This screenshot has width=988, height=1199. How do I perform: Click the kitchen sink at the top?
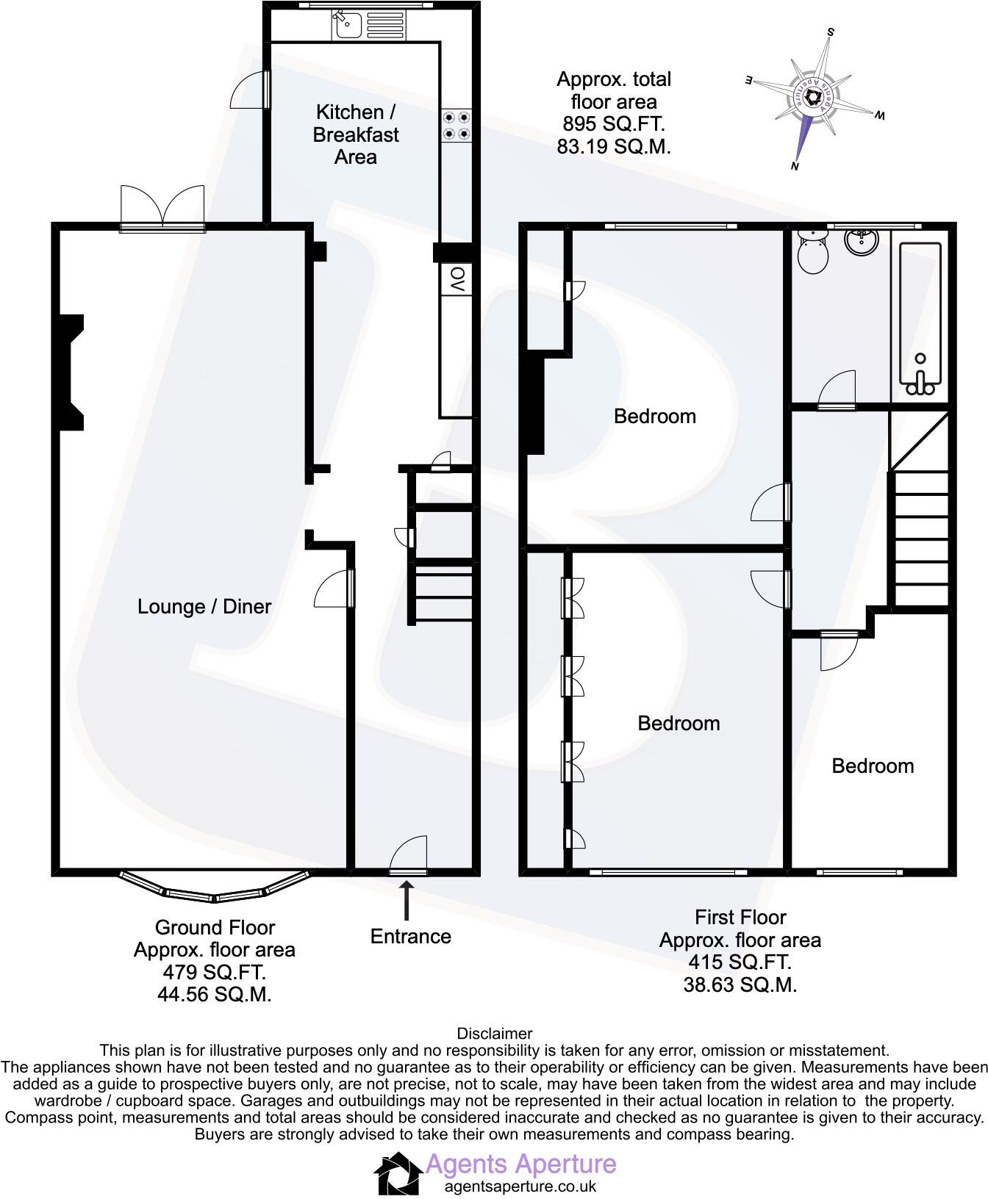click(344, 25)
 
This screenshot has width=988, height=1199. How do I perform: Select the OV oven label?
click(457, 280)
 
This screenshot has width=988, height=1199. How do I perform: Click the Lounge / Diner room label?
click(204, 607)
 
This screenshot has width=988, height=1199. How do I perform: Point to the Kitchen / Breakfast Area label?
click(356, 134)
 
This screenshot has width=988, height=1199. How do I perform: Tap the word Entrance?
click(410, 937)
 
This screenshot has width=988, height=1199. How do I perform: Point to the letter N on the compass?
click(795, 166)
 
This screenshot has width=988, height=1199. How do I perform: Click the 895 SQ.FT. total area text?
click(613, 123)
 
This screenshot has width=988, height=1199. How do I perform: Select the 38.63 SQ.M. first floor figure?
click(740, 985)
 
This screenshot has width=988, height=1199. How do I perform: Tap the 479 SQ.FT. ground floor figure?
click(214, 972)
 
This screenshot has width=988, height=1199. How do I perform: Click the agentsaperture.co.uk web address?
click(520, 1186)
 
